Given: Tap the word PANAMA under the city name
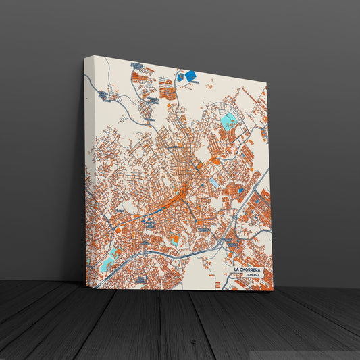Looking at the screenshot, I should click(253, 276).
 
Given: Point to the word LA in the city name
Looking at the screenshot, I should click(237, 269).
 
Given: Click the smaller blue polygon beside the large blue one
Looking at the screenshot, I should click(180, 77).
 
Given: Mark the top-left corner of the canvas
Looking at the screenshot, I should click(85, 57).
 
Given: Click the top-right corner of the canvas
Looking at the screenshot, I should click(265, 84).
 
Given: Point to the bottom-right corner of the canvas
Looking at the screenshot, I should click(273, 290).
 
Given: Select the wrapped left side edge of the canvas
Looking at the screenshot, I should click(86, 169).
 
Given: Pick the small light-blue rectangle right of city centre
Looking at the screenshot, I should click(214, 182).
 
